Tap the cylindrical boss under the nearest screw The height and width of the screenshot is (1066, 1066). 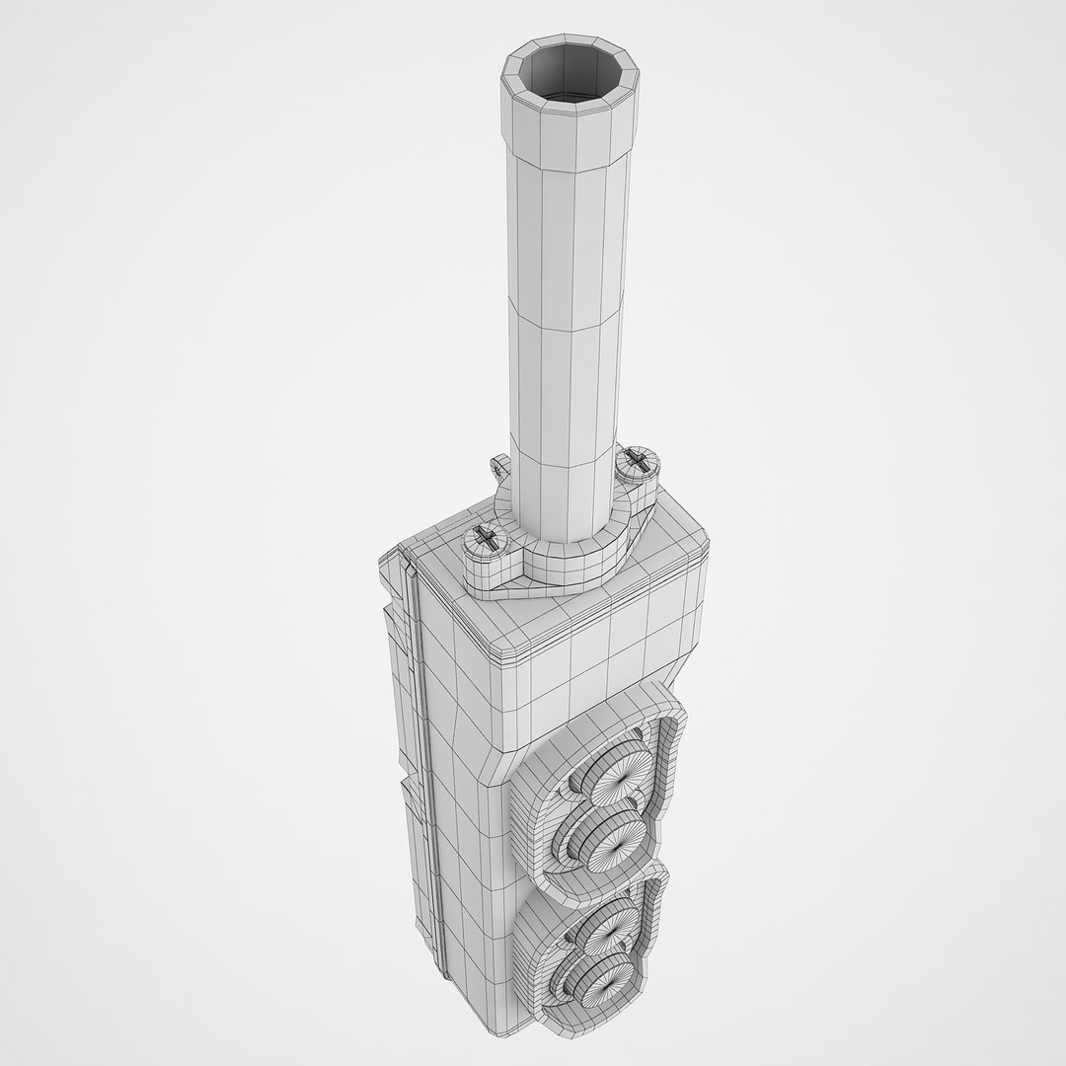click(x=482, y=568)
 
